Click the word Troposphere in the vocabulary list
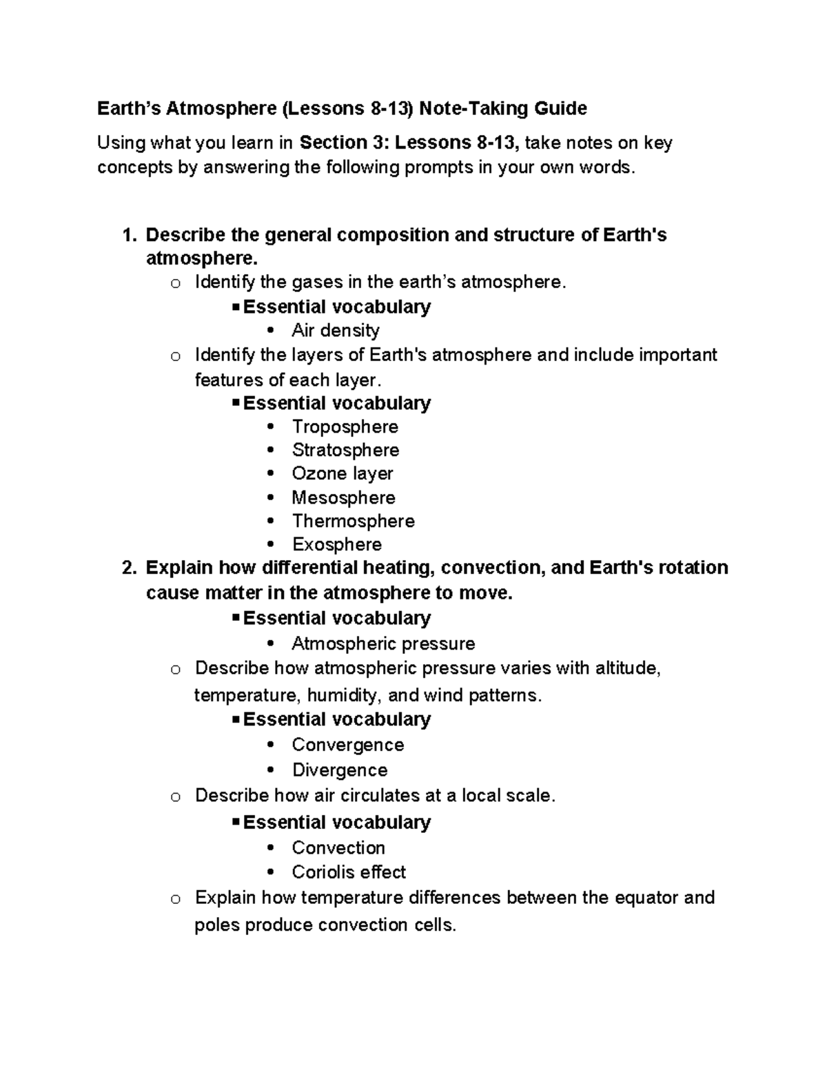pos(345,427)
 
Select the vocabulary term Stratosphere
pos(345,451)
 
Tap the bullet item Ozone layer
pos(343,474)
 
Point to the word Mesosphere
pos(343,497)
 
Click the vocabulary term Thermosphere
pos(353,521)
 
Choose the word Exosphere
pos(337,544)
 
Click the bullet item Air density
pos(336,331)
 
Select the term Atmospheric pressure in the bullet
pos(383,644)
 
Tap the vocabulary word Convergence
pos(347,745)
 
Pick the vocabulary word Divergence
pos(340,770)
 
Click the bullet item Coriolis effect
pos(349,872)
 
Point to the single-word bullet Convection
pos(338,847)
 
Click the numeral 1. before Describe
pos(129,236)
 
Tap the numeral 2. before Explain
pos(129,568)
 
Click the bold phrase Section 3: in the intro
pos(343,143)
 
